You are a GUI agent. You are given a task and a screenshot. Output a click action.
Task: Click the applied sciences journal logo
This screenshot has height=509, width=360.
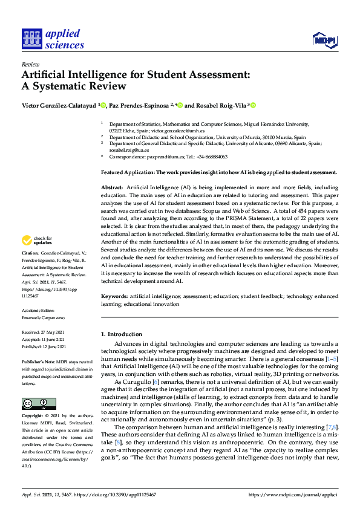click(53, 38)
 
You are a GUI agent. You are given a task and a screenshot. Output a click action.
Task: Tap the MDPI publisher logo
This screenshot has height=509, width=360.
click(324, 40)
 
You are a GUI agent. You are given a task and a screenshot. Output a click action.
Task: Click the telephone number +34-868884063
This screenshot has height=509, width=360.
click(209, 157)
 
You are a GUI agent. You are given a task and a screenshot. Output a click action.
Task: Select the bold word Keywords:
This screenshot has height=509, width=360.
click(114, 297)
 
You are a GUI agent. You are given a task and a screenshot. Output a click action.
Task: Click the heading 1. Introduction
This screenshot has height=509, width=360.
click(121, 334)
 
